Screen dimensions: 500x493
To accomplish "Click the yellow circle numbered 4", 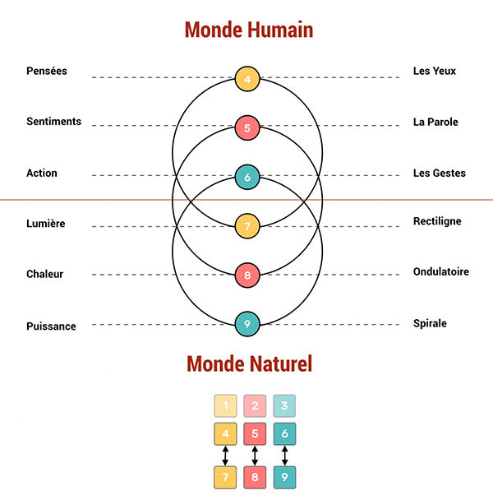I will [247, 78].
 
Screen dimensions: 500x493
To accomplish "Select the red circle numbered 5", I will [247, 127].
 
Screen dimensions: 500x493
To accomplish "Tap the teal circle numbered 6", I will [247, 177].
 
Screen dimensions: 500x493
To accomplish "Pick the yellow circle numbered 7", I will [247, 225].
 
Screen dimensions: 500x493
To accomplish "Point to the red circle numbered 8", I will [247, 275].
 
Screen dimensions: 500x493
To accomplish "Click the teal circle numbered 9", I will [247, 324].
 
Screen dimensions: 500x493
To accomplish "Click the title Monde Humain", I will [249, 30].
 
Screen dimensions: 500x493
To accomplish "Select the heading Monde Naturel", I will [249, 363].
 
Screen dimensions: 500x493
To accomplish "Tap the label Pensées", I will [47, 72].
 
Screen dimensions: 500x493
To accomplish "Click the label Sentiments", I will [53, 122].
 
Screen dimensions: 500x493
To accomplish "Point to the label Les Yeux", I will [435, 72].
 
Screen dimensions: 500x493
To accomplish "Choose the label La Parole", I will [435, 123].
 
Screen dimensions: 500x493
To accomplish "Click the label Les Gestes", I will [440, 174].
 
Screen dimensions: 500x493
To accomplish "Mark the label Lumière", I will [46, 224].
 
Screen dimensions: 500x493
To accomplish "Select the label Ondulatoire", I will [441, 272].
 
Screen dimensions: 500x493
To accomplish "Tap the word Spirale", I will [430, 323].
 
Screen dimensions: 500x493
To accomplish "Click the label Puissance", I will [51, 326].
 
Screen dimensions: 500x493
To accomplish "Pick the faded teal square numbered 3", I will [284, 405].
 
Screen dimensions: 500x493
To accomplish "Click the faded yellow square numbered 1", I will [225, 405].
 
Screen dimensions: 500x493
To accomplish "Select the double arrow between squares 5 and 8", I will [255, 455].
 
